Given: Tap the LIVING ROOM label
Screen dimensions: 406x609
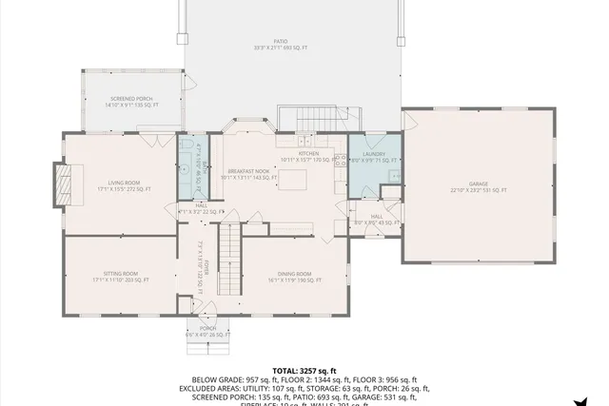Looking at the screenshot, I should click(x=124, y=183).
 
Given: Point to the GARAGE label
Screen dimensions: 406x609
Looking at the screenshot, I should click(x=478, y=186).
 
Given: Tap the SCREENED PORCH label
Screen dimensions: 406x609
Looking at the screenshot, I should click(x=132, y=99).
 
